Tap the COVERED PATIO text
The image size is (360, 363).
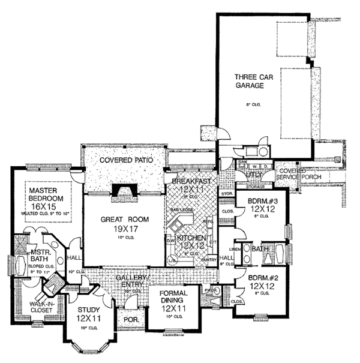click(x=124, y=161)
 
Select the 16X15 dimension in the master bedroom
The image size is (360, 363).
click(x=43, y=205)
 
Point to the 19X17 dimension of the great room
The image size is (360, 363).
click(x=124, y=229)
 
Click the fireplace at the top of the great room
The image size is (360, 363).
click(x=124, y=191)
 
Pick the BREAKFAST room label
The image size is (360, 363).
click(x=191, y=181)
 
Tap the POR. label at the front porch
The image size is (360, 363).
click(x=130, y=320)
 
